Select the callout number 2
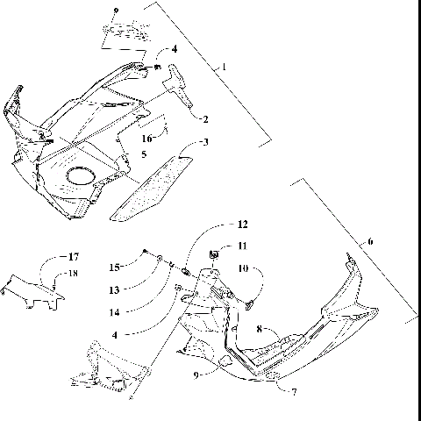tap(204, 118)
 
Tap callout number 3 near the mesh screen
tap(204, 142)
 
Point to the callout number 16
tap(148, 139)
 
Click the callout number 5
tap(143, 153)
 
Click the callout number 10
tap(245, 269)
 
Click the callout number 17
tap(74, 258)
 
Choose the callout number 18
tap(74, 274)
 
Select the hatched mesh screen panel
tap(153, 186)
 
